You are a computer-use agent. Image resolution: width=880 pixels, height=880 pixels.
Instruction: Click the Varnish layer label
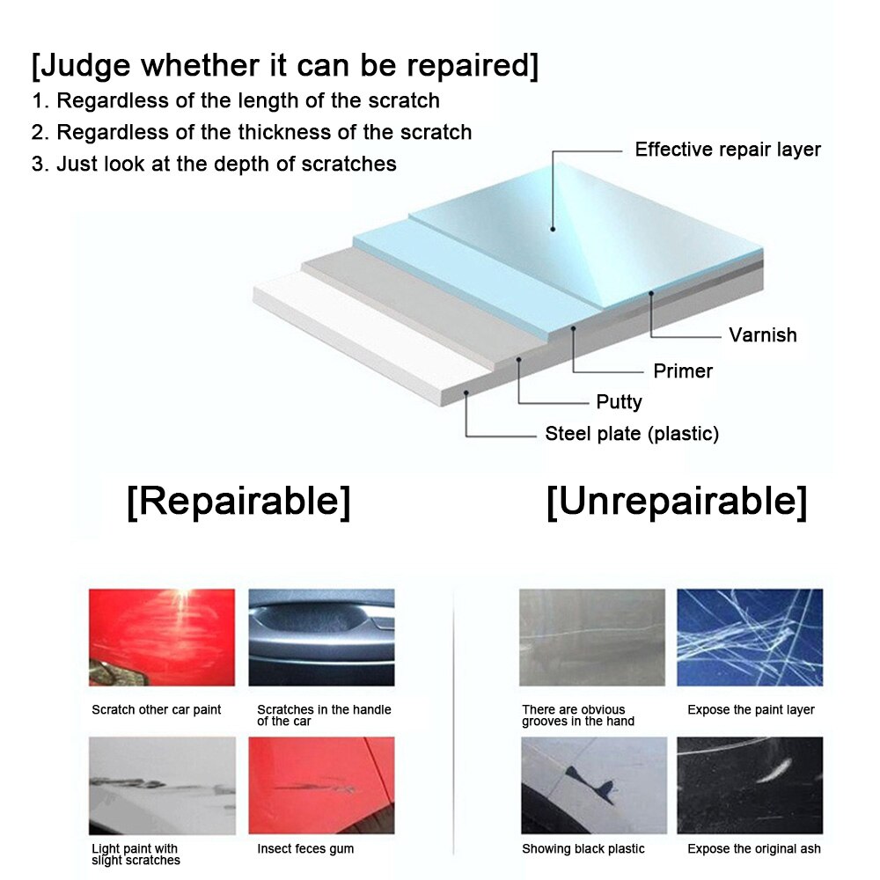coord(763,335)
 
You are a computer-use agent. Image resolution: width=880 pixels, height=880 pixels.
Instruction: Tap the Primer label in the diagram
coord(683,371)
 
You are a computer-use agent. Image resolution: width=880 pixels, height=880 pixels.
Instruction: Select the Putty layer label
coord(619,402)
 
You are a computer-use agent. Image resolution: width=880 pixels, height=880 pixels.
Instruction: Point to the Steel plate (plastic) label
coord(632,433)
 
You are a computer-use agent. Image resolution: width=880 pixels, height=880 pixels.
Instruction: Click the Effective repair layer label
coord(728,150)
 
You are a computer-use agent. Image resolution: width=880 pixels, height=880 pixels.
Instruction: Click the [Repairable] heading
coord(238,502)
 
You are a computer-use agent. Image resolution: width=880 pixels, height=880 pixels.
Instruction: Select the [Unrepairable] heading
coord(677,502)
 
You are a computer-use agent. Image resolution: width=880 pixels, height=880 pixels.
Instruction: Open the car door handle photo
coord(321,637)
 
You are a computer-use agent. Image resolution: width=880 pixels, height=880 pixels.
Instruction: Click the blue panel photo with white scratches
coord(750,637)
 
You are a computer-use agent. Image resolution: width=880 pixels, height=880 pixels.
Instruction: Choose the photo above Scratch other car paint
coord(162,637)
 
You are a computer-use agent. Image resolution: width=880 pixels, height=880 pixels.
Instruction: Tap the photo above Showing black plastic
coord(594,786)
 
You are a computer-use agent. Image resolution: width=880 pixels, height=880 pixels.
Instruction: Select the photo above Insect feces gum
coord(321,786)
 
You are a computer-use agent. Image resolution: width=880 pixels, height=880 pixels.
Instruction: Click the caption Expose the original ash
coord(754,848)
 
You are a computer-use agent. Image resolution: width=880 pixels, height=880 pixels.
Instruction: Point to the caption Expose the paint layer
coord(751,710)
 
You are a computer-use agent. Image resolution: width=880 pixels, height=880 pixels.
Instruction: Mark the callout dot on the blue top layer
coord(553,229)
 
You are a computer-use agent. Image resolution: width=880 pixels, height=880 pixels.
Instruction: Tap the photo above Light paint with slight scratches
coord(162,786)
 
